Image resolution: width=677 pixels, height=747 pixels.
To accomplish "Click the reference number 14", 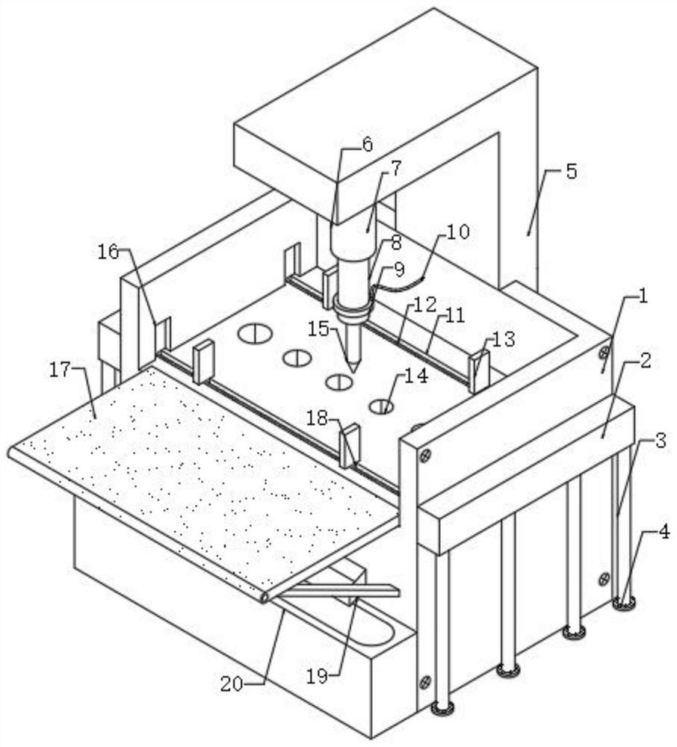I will pos(417,376).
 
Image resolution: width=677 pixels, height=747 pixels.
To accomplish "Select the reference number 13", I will pos(504,338).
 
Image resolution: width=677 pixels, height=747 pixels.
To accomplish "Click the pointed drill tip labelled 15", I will pos(353,364).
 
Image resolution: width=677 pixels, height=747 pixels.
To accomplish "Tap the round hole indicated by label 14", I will pos(383,406).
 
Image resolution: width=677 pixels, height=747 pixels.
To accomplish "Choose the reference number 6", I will pos(366,143).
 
